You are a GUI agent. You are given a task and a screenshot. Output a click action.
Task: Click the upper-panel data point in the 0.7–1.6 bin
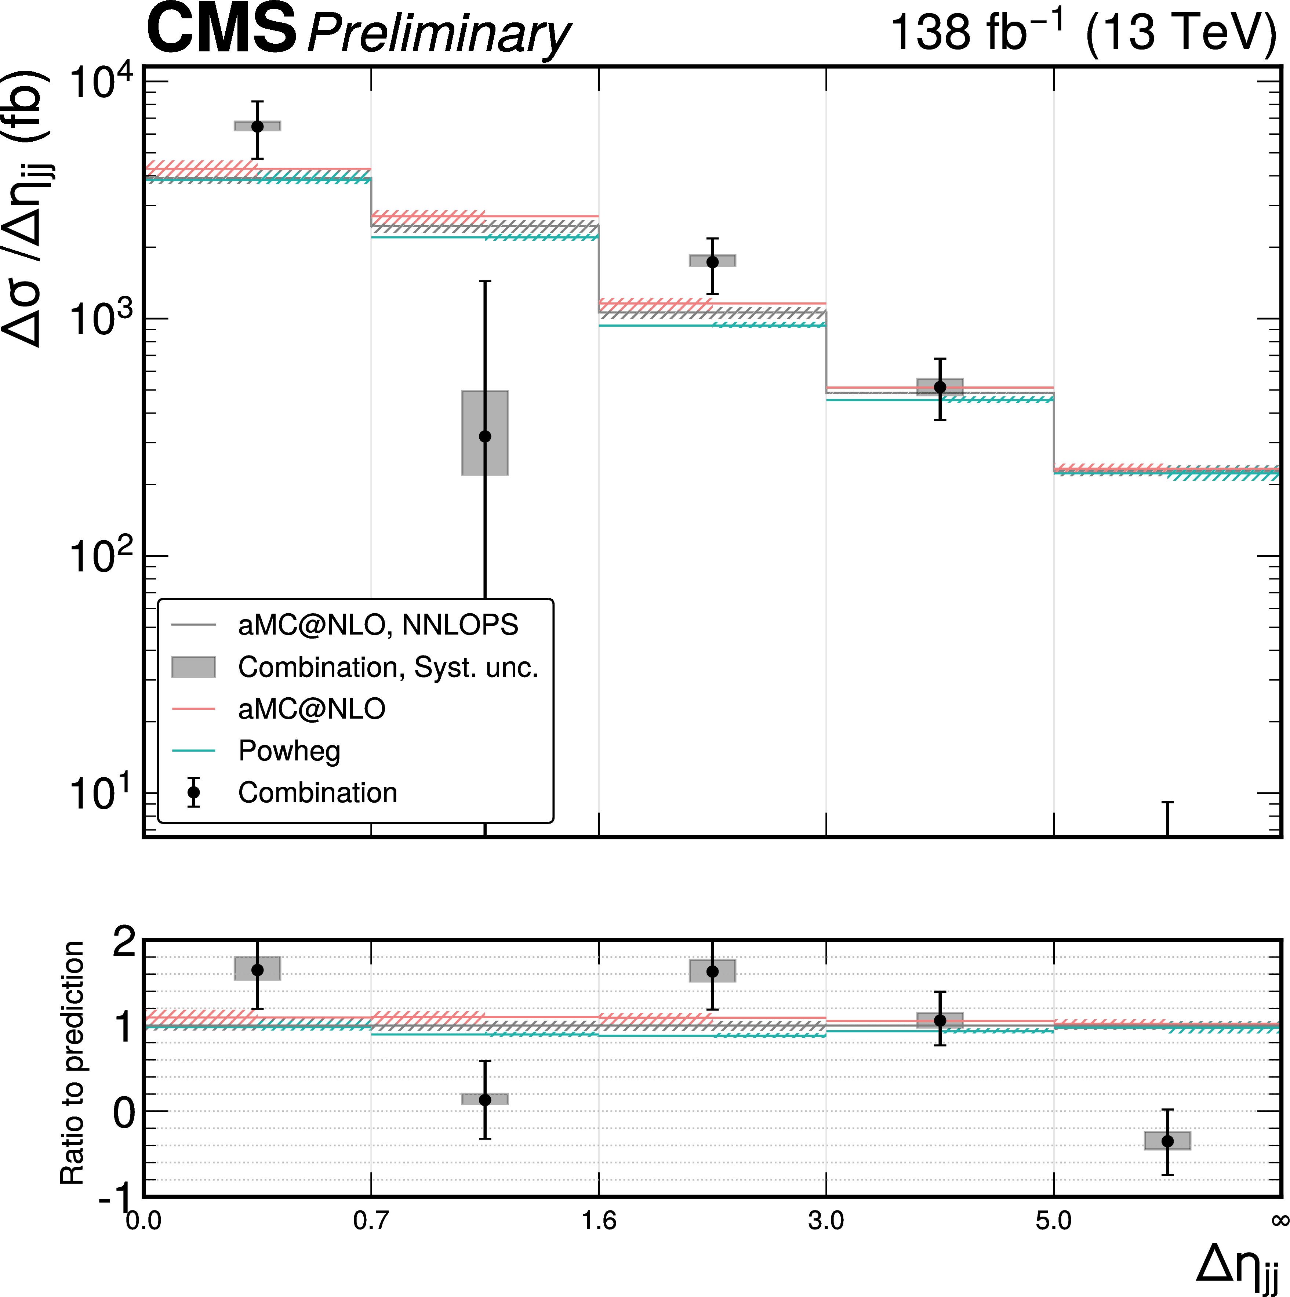484,436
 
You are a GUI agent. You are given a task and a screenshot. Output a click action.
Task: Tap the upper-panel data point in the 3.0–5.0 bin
940,387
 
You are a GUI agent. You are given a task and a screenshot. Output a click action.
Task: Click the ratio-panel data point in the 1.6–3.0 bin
712,971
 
